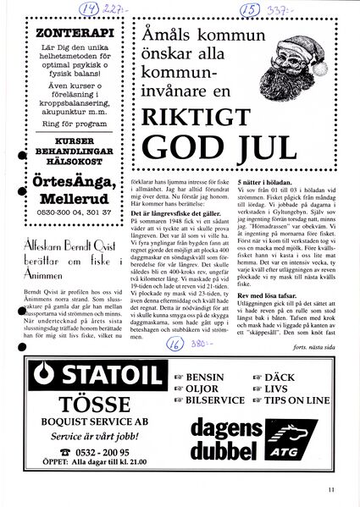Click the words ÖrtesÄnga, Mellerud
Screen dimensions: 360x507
tap(70, 191)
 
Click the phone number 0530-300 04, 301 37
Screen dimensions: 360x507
tap(70, 213)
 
